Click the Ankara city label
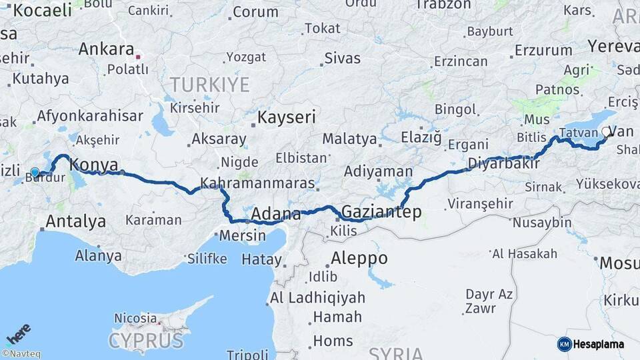point(106,49)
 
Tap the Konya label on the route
point(94,165)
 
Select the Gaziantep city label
point(381,212)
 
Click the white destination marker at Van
point(607,132)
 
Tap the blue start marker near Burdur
point(35,172)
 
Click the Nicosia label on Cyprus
point(136,318)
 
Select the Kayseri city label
point(287,118)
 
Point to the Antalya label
point(76,221)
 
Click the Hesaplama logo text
point(599,344)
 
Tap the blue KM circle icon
point(564,344)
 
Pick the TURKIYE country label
point(209,85)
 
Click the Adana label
point(276,215)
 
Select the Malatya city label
point(349,139)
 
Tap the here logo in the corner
point(18,333)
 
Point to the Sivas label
point(343,58)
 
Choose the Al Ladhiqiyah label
point(317,298)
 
